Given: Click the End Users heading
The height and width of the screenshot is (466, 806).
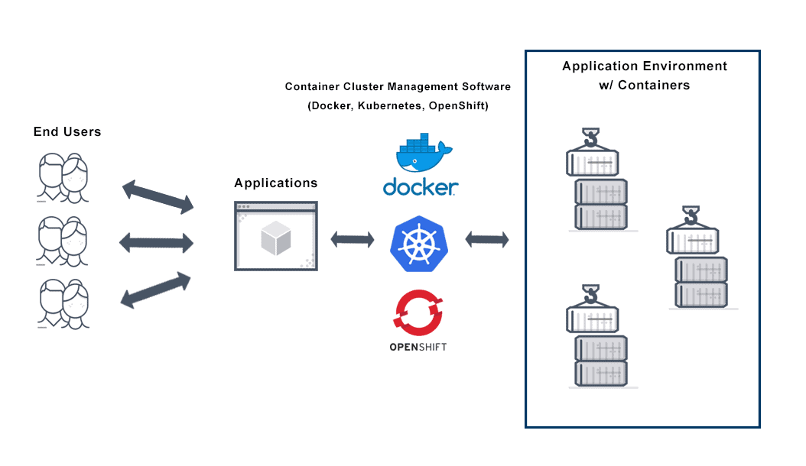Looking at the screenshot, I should click(x=67, y=132).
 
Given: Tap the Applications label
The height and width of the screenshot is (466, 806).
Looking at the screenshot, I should click(x=275, y=183).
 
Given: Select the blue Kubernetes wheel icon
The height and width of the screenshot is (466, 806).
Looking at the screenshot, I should click(x=419, y=244).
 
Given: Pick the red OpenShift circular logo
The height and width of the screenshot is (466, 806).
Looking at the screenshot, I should click(x=418, y=313).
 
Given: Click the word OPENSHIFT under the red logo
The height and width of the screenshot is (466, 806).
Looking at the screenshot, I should click(x=418, y=347).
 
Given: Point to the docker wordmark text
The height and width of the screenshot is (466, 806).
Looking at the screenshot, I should click(x=420, y=186).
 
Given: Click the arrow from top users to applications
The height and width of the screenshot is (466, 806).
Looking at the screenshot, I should click(x=158, y=197).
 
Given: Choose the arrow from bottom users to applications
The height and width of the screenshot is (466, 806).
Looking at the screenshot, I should click(x=157, y=290).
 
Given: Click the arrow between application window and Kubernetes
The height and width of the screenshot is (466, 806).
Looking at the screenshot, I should click(x=353, y=239).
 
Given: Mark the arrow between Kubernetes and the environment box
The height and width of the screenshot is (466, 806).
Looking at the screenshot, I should click(x=487, y=239).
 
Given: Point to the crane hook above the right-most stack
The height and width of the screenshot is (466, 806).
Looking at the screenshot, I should click(x=691, y=215).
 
